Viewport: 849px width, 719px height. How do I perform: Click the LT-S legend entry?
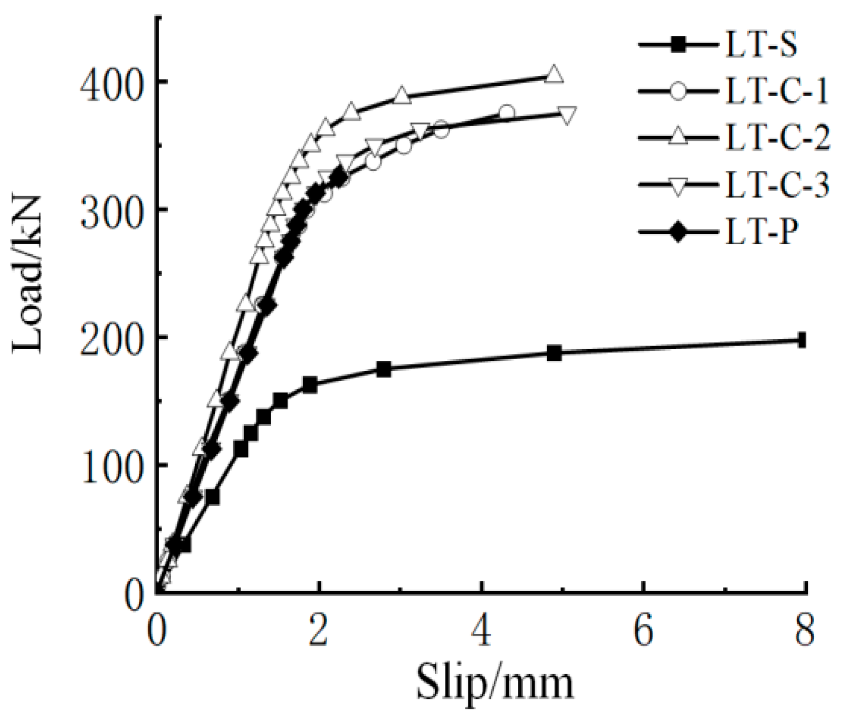760,45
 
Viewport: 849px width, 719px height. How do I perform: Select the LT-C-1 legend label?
776,91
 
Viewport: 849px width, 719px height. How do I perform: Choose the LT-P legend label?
759,232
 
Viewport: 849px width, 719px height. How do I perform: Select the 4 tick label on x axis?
481,630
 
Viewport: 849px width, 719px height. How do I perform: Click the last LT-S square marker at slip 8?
802,340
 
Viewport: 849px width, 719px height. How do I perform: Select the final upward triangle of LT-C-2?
554,75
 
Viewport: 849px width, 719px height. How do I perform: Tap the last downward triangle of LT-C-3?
567,114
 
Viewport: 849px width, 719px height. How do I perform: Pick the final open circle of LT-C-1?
506,113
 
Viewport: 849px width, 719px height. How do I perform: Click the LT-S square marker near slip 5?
554,353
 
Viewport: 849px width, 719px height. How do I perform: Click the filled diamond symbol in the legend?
679,232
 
